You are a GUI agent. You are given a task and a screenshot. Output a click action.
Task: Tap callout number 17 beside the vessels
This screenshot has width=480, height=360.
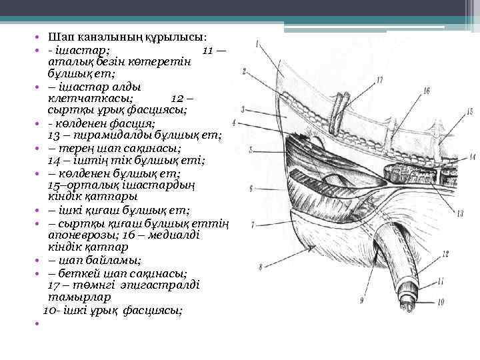click(379, 79)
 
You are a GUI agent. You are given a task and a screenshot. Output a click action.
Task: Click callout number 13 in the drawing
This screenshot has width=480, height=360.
click(460, 213)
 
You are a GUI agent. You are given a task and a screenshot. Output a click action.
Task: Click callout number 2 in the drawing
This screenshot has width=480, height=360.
click(245, 70)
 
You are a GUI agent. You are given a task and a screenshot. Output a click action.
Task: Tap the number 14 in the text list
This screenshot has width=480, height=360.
click(55, 160)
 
